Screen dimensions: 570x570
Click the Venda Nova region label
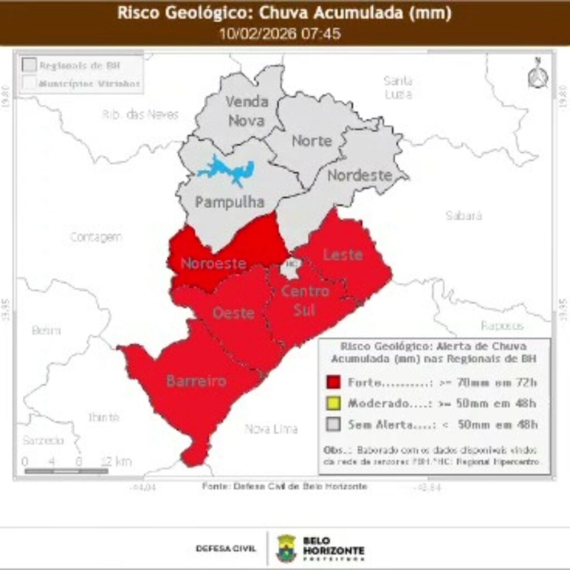pos(247,111)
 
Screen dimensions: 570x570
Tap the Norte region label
pos(312,141)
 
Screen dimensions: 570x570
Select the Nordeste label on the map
pos(360,175)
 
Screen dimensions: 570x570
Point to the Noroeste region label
pos(214,263)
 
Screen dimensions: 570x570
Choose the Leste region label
pos(343,255)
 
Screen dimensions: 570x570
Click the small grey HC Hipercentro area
pos(291,266)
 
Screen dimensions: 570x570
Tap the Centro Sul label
pos(304,300)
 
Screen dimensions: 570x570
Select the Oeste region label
pos(234,313)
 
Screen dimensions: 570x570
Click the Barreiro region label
pos(196,381)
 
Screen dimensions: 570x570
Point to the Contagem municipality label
pos(96,237)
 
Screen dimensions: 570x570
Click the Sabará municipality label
pos(464,216)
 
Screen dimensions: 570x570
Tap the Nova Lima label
pos(272,429)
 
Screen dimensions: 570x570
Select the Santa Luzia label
pos(398,87)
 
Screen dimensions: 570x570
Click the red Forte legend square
pos(333,382)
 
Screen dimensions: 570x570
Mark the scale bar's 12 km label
pos(116,461)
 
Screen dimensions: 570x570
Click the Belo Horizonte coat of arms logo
pos(286,548)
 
